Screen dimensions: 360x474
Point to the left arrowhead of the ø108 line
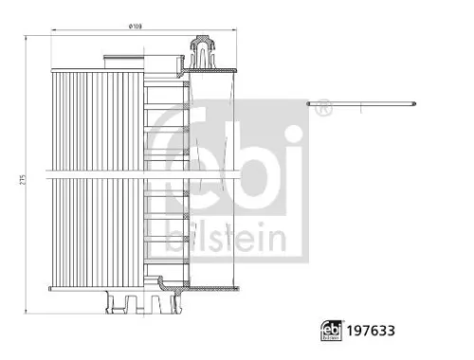51,36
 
